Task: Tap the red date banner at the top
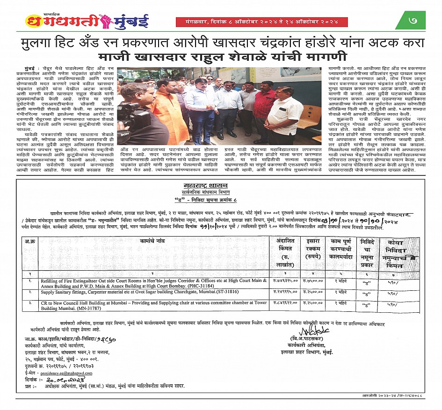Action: coord(261,22)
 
